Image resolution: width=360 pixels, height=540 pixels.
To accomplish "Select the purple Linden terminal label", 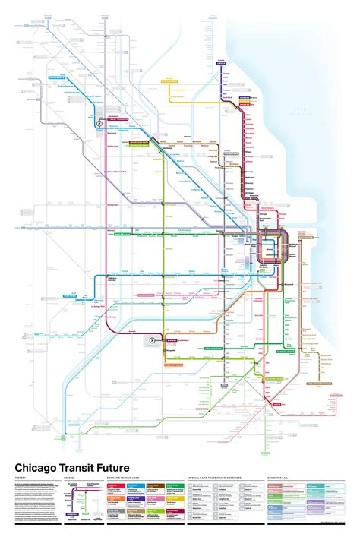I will tap(223, 59).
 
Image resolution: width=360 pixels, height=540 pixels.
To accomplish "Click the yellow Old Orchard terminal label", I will tap(169, 78).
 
